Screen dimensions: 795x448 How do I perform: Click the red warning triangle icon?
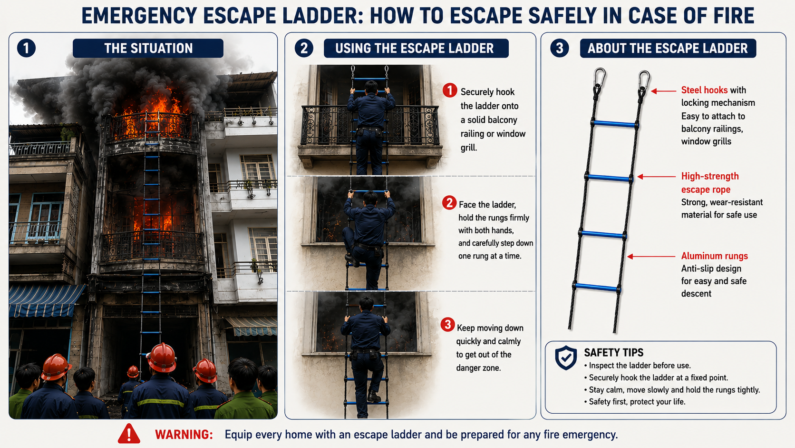click(x=129, y=434)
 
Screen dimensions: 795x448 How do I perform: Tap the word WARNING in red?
click(x=184, y=435)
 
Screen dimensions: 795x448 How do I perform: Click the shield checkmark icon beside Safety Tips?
click(x=566, y=358)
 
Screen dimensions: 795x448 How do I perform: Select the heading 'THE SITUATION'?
click(x=148, y=48)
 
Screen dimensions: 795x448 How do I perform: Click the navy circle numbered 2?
click(x=304, y=48)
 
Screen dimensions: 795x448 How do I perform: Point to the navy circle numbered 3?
click(x=560, y=48)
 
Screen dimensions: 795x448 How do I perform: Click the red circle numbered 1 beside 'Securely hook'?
click(x=450, y=90)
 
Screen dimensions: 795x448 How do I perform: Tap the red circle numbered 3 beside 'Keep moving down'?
click(x=447, y=325)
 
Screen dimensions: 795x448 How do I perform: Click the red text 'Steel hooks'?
click(x=704, y=90)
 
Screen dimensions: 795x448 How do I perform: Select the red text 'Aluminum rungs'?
click(x=715, y=256)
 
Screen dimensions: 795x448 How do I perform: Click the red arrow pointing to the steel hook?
click(x=664, y=91)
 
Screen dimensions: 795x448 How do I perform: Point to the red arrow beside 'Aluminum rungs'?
click(x=651, y=257)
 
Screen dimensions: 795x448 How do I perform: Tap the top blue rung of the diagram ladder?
click(x=614, y=124)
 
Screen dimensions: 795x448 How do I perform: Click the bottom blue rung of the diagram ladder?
click(x=596, y=288)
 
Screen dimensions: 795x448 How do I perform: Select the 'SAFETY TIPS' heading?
click(x=614, y=352)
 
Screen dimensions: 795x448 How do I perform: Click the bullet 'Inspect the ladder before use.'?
click(x=638, y=366)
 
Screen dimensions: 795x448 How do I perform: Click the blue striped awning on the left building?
click(x=44, y=300)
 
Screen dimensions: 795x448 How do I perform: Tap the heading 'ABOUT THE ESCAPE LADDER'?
click(x=668, y=48)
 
